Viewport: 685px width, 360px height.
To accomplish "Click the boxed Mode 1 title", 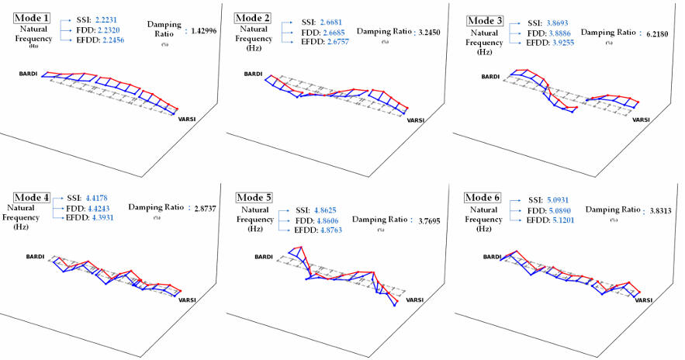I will (32, 18).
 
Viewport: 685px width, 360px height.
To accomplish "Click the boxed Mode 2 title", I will (253, 18).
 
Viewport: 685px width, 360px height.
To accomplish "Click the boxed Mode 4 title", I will (33, 199).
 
